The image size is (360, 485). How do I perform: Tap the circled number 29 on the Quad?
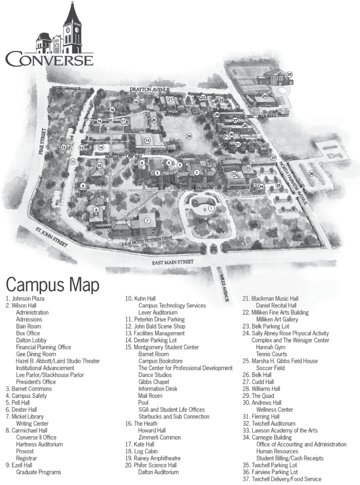189,136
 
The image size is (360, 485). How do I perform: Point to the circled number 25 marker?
289,74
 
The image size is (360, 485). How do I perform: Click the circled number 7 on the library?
147,221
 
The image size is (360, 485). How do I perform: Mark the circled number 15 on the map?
147,141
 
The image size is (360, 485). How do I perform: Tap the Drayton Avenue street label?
150,89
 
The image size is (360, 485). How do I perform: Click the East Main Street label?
173,262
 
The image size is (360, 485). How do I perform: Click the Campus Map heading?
53,284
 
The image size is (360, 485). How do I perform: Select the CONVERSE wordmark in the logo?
49,60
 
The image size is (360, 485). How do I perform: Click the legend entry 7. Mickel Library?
25,417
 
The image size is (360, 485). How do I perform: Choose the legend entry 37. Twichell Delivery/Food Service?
282,479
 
